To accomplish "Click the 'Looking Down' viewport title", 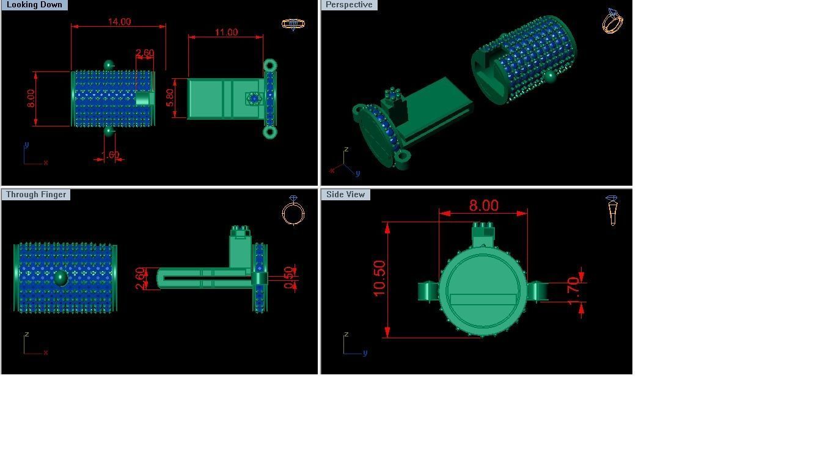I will pos(34,5).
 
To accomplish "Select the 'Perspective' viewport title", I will pos(349,5).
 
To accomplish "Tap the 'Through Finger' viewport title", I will pos(36,195).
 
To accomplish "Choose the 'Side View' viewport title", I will pos(345,195).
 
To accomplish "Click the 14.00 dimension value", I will pos(119,22).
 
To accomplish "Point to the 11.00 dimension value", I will pos(226,32).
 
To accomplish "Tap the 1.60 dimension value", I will pos(111,155).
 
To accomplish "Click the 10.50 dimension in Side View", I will pos(379,278).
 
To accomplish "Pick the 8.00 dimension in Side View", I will pos(483,206).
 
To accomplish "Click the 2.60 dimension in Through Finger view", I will pos(141,278).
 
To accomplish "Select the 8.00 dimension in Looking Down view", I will pos(31,98).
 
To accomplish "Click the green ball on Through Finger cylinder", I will pos(60,278).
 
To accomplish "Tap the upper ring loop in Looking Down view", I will pos(270,65).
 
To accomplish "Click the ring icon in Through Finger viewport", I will pos(293,212).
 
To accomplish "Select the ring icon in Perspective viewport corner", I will pos(612,21).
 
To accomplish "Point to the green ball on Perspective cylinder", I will pos(550,76).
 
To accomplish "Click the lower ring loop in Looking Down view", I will pos(270,132).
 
